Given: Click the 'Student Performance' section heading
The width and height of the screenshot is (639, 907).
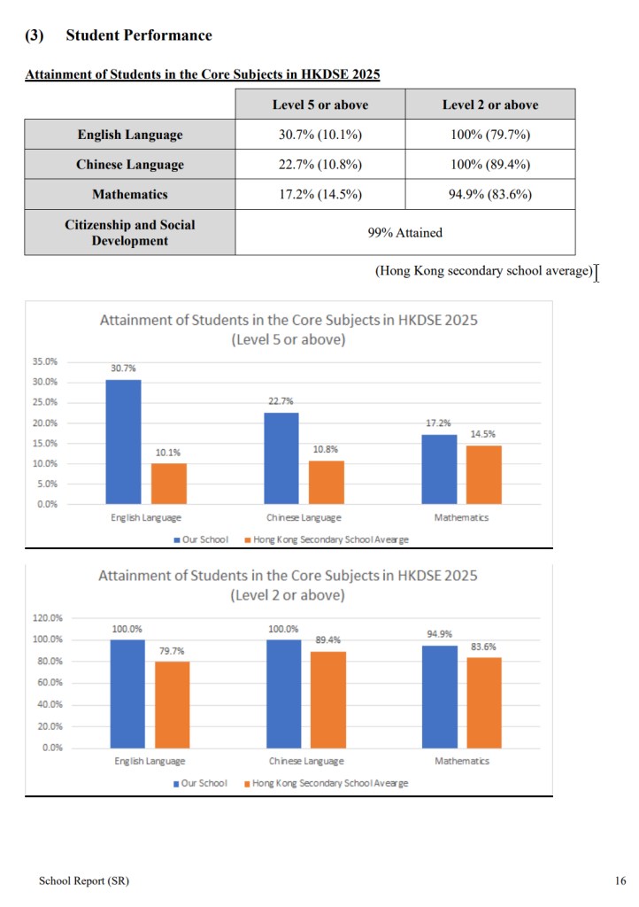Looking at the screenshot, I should (x=139, y=35).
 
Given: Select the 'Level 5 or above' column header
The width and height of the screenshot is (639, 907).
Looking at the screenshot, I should (x=319, y=105).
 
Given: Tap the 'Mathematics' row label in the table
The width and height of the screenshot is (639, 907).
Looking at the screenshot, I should (x=129, y=194).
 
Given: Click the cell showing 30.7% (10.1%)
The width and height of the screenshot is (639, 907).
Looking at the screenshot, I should (x=319, y=135).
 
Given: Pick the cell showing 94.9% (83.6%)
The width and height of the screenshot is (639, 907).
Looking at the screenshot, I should (x=489, y=194).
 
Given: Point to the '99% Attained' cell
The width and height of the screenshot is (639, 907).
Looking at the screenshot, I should (x=404, y=232).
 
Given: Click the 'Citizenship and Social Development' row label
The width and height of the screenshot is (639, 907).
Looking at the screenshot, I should (x=129, y=232).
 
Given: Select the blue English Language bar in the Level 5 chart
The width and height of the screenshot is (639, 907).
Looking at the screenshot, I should (x=123, y=441).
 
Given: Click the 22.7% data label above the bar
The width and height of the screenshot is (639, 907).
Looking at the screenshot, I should (x=281, y=401).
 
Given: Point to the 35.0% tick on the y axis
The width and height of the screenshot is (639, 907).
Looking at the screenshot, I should (x=45, y=361).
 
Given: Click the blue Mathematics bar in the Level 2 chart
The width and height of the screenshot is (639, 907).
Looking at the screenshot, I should (x=439, y=696).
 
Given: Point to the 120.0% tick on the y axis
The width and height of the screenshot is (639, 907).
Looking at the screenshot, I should (x=48, y=617).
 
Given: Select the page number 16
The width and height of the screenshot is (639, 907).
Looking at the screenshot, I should (x=620, y=880).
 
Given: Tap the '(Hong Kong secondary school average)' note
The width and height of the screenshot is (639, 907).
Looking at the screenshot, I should (x=483, y=271).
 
